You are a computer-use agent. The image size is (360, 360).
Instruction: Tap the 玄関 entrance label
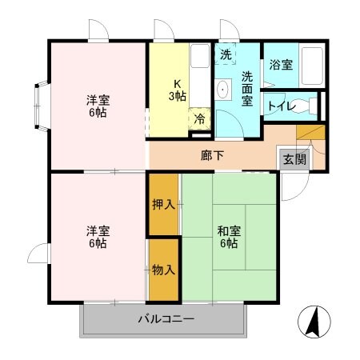(293, 158)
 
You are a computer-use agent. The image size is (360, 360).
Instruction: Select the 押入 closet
(163, 204)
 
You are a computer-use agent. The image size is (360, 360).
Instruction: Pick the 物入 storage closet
(163, 270)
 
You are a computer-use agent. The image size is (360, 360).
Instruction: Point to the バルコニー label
(166, 319)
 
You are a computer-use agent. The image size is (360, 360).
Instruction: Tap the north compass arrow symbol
(314, 322)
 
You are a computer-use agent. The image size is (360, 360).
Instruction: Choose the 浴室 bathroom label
(280, 65)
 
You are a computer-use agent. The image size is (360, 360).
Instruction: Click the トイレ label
(282, 105)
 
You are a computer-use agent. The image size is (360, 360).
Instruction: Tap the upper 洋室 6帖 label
(98, 106)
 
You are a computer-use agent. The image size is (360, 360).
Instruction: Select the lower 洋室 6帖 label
(98, 237)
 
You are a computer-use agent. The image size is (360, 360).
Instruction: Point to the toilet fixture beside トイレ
(314, 105)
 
